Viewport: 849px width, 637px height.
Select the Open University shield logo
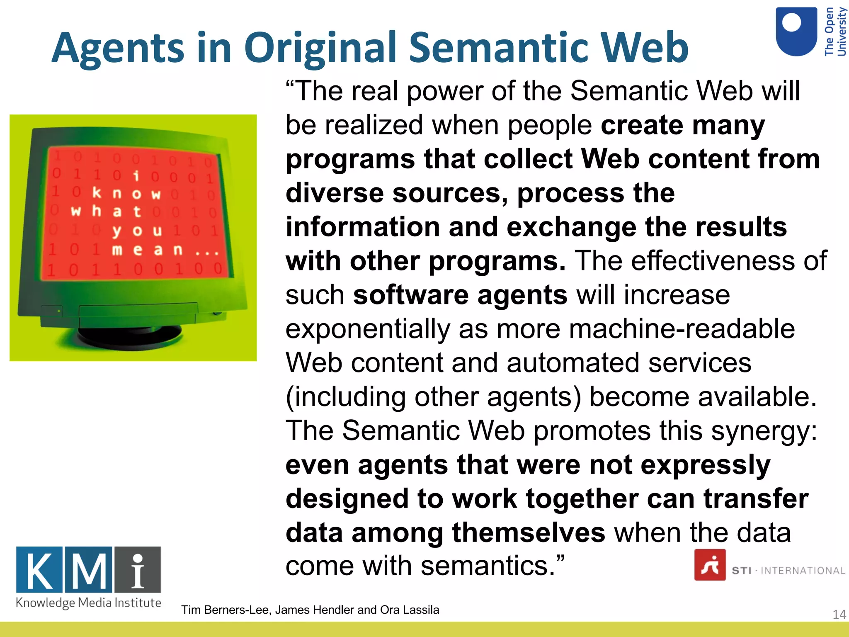click(796, 32)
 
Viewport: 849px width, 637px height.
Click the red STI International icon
click(710, 565)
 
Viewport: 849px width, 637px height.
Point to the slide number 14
click(839, 614)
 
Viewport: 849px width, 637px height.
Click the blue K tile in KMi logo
click(39, 570)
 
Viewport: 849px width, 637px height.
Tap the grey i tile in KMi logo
click(138, 570)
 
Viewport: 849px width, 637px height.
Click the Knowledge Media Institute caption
click(88, 603)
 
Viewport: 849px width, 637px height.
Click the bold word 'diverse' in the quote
click(335, 193)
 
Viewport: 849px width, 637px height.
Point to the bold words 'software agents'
click(460, 295)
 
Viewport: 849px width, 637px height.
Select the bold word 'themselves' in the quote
click(529, 532)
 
